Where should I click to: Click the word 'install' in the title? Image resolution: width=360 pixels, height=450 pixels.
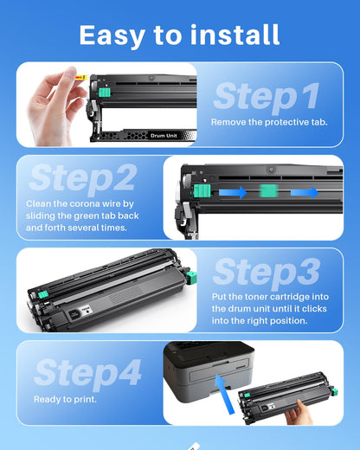(235, 35)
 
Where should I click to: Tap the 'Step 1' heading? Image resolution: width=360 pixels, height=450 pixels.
(267, 96)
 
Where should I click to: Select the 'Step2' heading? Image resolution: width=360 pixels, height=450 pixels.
(82, 177)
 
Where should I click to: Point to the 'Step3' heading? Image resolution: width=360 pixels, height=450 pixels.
(267, 273)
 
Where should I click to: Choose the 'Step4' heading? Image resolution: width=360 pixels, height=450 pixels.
(87, 373)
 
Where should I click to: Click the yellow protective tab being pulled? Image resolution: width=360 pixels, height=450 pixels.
(81, 77)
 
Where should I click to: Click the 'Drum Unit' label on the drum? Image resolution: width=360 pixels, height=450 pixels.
(164, 136)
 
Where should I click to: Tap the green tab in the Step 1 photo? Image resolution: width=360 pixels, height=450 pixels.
(105, 93)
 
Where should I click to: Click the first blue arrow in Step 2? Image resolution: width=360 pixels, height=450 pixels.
(233, 192)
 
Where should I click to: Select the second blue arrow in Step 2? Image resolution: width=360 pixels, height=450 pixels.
(305, 192)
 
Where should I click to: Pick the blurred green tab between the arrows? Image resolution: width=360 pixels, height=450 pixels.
(269, 191)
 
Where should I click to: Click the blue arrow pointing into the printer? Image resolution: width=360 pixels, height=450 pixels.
(225, 395)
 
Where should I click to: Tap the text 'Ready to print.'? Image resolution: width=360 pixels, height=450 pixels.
(65, 400)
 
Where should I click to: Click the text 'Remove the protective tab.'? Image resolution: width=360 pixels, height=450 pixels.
(269, 122)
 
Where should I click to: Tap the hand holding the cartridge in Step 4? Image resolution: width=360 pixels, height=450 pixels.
(299, 413)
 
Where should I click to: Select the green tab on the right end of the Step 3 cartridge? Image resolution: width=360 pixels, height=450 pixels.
(191, 278)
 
